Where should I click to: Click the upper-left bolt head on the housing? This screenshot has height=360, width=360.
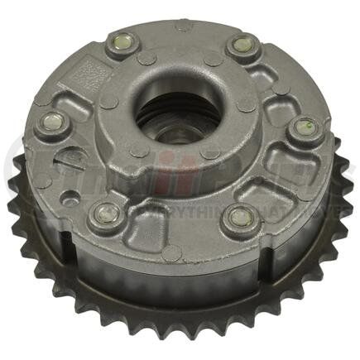(x=122, y=44)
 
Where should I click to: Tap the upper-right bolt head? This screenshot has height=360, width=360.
(x=242, y=46)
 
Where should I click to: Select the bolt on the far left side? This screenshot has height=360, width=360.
(x=53, y=122)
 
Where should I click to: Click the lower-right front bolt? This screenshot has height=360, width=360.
(x=240, y=218)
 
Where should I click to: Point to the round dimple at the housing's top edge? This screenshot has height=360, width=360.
(x=183, y=26)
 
